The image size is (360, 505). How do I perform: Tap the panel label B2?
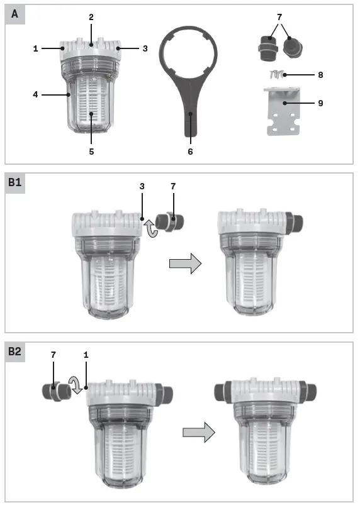click(15, 352)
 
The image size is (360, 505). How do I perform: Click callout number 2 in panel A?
click(91, 17)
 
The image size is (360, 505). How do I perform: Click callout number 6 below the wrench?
click(189, 152)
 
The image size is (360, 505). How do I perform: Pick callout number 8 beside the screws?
click(320, 75)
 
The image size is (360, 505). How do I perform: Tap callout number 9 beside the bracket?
click(320, 103)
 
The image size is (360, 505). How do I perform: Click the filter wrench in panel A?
click(189, 82)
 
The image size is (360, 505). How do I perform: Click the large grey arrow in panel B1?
click(185, 263)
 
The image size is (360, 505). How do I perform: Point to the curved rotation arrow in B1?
click(150, 228)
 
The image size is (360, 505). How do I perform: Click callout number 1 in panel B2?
click(86, 355)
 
